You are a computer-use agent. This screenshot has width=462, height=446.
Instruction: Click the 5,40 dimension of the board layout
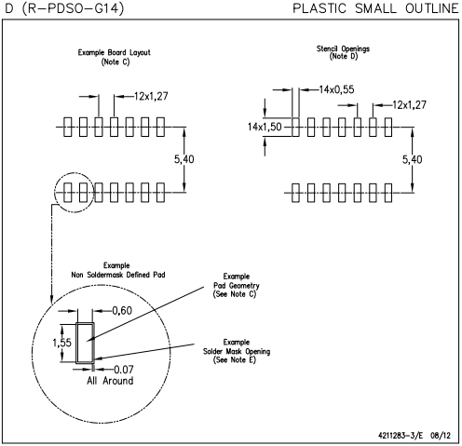[185, 160]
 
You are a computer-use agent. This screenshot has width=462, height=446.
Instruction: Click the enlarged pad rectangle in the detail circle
[84, 342]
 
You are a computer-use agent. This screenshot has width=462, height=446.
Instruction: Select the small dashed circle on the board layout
[75, 193]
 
